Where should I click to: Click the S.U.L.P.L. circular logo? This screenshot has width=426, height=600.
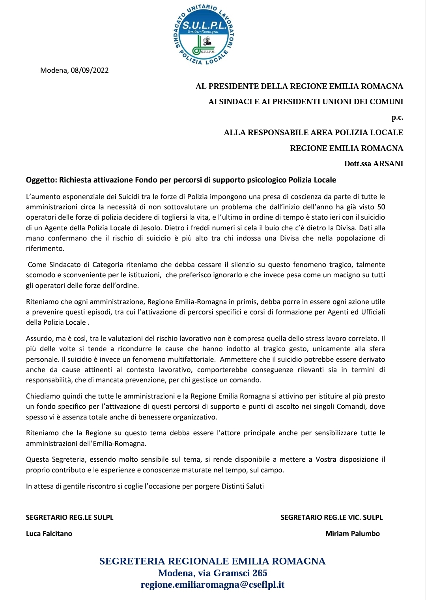(204, 35)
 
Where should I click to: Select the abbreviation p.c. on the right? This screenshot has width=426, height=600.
(397, 117)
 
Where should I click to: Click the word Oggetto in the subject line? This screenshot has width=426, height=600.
(41, 180)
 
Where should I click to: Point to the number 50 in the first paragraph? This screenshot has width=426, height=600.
(381, 207)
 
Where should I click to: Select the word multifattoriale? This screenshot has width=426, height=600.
(191, 359)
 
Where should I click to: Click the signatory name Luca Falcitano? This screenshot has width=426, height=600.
(49, 534)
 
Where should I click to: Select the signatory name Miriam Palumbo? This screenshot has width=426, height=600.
(352, 534)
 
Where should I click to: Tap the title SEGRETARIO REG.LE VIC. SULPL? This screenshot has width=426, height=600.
(331, 517)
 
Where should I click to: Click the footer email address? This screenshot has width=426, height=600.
(213, 585)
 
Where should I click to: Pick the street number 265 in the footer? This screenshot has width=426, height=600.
(260, 573)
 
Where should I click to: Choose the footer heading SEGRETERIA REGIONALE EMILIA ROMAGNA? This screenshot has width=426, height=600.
(212, 561)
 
